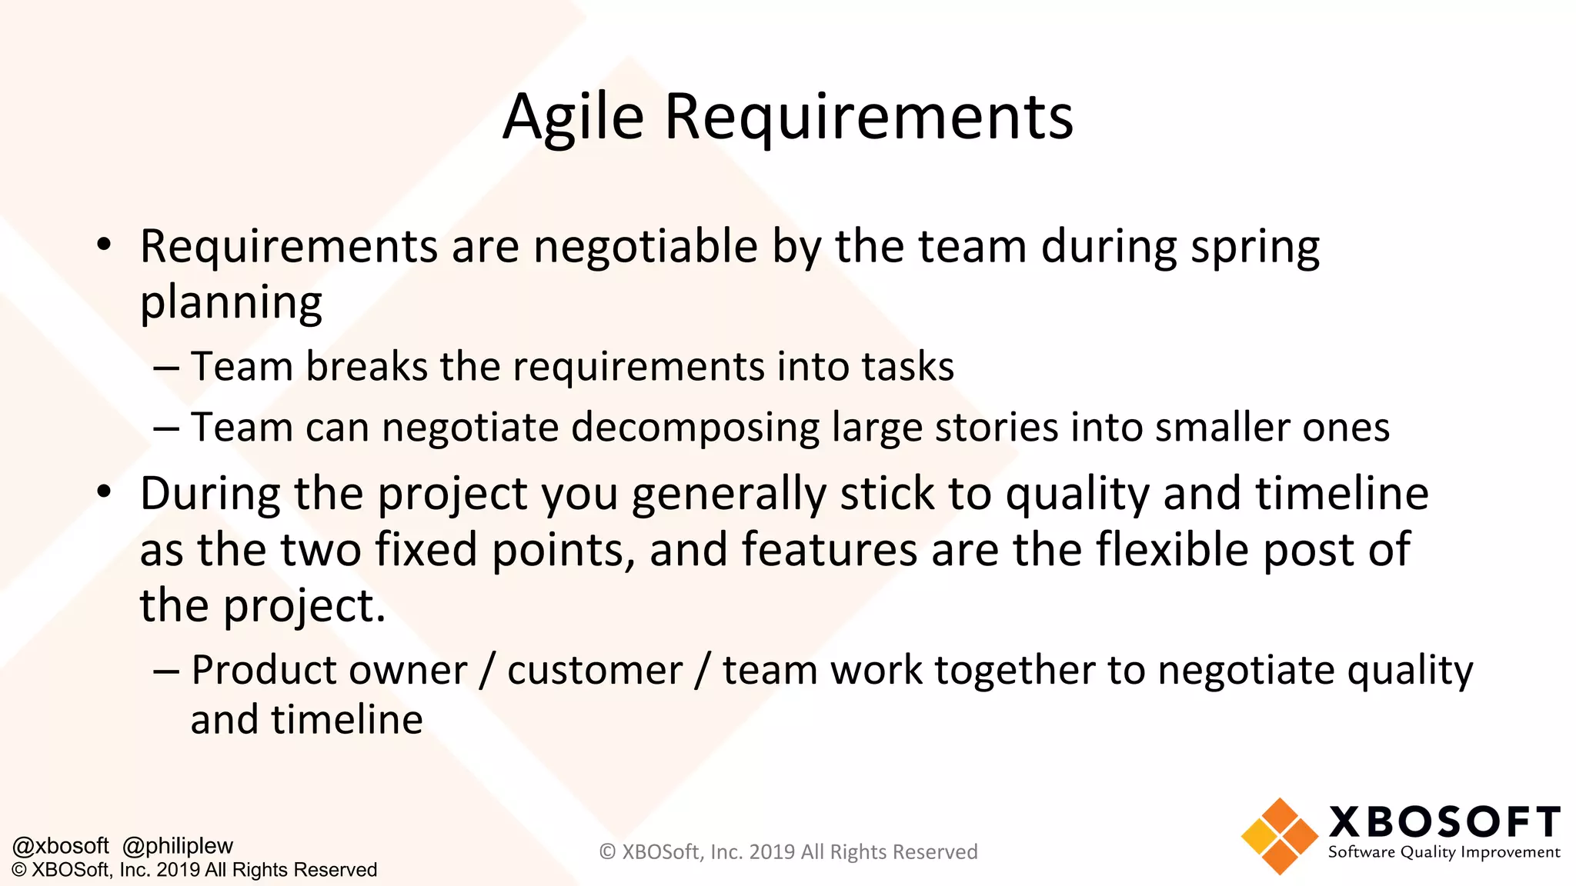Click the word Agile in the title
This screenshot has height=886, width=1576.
(x=573, y=117)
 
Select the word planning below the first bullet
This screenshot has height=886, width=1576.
(x=231, y=303)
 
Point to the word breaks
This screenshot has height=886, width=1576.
(x=366, y=366)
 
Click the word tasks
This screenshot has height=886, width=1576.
(x=907, y=366)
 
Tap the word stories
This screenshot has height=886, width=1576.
(x=997, y=427)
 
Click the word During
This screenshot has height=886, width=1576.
(x=210, y=493)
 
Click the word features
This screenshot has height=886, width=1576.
(x=830, y=549)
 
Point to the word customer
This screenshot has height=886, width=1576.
(x=595, y=670)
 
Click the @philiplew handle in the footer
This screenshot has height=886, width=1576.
(x=178, y=846)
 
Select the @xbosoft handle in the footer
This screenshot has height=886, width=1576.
(x=61, y=846)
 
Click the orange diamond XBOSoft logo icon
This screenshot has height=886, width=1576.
(x=1279, y=836)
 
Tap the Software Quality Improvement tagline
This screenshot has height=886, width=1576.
(x=1444, y=852)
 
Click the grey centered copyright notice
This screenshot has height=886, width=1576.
(x=788, y=852)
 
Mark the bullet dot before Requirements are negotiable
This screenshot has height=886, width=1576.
(x=104, y=246)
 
